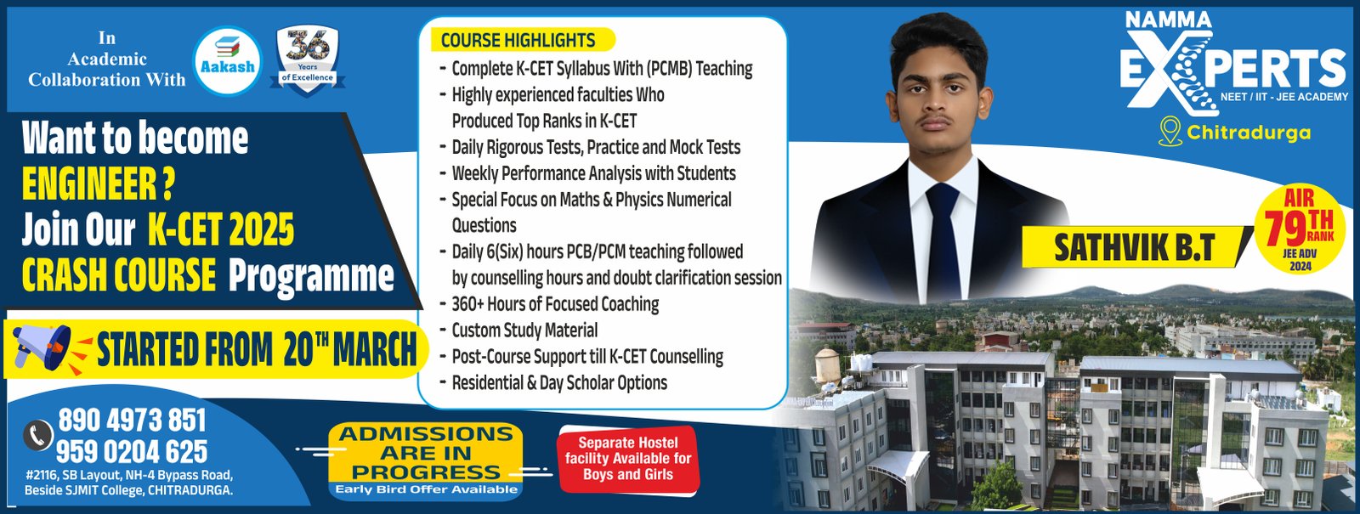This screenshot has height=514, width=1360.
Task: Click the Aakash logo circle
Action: (227, 60)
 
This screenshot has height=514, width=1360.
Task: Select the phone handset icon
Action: (38, 435)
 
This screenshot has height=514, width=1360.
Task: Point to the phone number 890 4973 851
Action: (133, 420)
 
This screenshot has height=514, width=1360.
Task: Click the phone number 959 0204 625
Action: (132, 451)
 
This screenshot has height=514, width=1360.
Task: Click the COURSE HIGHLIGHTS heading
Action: (518, 40)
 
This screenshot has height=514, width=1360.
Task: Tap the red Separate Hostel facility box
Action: (628, 459)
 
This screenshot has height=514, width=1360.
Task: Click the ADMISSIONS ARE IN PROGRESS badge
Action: (426, 461)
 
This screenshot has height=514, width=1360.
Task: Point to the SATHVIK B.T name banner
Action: (1135, 247)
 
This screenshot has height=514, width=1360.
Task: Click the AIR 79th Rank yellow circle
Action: (1300, 229)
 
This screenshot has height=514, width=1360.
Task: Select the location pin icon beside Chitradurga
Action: (1170, 132)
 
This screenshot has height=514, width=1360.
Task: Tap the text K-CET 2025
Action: (221, 229)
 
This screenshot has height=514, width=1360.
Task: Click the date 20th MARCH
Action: (349, 349)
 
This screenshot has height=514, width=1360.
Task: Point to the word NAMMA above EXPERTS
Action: (1169, 20)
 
